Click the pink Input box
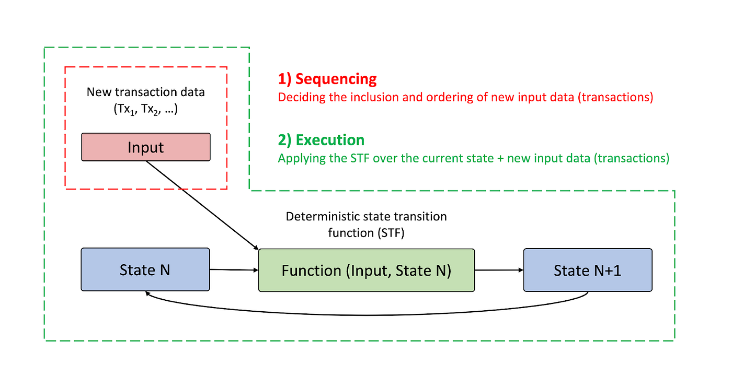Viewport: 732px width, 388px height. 145,147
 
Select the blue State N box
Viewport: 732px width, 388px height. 145,269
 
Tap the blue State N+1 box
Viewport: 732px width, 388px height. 588,269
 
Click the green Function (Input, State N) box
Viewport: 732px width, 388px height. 366,270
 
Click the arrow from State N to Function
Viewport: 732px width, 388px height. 234,270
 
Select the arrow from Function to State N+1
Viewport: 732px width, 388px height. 499,270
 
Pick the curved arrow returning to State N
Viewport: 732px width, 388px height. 366,314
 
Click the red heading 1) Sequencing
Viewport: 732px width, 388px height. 327,79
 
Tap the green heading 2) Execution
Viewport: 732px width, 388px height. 321,140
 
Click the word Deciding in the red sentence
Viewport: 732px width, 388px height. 296,98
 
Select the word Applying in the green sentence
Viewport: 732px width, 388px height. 298,159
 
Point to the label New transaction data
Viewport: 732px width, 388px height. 145,92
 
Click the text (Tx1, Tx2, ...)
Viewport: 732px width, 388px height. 145,110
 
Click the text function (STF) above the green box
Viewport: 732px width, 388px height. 366,233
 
